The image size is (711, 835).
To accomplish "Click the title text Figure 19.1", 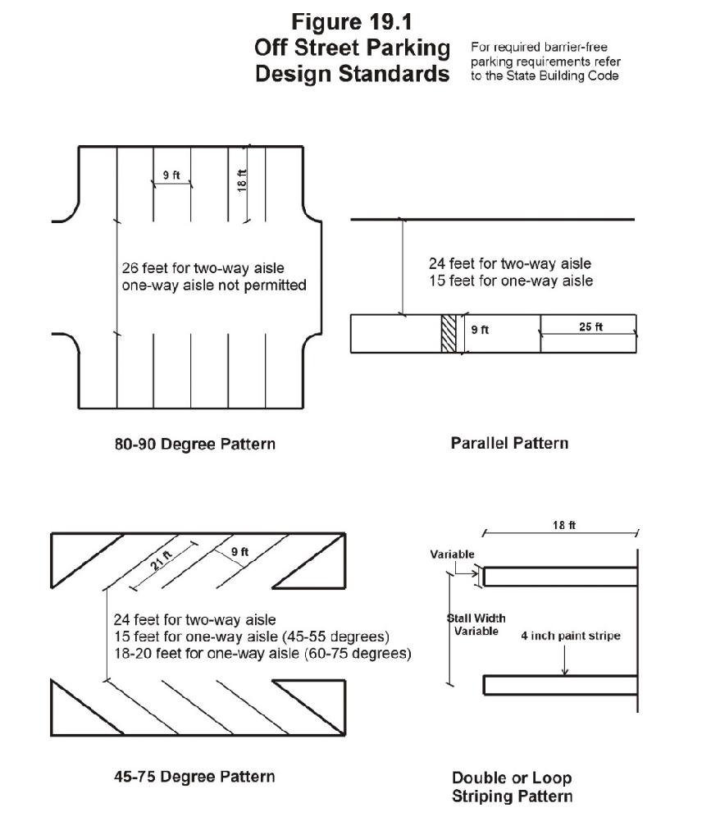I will click(x=353, y=20).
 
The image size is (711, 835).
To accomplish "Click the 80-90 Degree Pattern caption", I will click(x=194, y=445).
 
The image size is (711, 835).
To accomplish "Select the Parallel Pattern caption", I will click(x=509, y=443).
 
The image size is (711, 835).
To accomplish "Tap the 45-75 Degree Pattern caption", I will click(x=194, y=776).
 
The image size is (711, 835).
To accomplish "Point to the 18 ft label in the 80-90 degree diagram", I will click(x=242, y=180).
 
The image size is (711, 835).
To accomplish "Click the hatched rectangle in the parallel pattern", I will click(x=449, y=334).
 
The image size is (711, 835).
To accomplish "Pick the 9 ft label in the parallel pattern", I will click(x=480, y=331).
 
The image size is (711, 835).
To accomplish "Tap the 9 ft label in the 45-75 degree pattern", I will click(x=239, y=552).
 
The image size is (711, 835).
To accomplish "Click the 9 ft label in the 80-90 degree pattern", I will click(x=171, y=175).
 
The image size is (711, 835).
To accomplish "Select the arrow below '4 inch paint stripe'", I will click(x=564, y=660).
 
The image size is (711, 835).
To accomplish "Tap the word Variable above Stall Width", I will click(x=452, y=554).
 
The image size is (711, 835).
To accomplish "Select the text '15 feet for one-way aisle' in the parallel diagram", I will click(x=510, y=281).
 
